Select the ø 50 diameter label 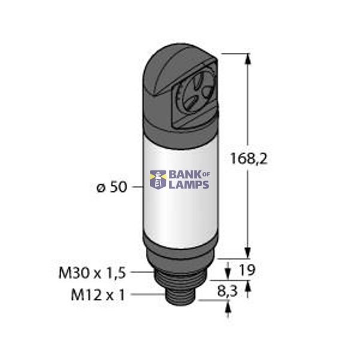point(111,188)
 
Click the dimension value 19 point(247,271)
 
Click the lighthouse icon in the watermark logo point(158,179)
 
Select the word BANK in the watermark point(184,174)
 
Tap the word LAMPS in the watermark point(188,185)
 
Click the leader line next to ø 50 point(136,188)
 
